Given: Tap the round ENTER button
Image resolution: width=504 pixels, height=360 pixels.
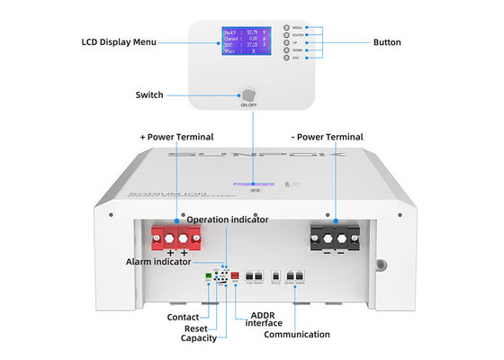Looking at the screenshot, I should tap(286, 35).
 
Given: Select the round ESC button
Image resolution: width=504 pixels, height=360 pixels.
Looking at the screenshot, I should tap(286, 58).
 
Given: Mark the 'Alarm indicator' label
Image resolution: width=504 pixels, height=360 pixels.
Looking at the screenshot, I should tap(158, 261).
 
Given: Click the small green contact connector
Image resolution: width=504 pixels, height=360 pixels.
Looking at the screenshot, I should tap(210, 277).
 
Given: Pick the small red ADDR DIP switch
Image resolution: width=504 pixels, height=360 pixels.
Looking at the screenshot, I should tap(235, 276).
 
